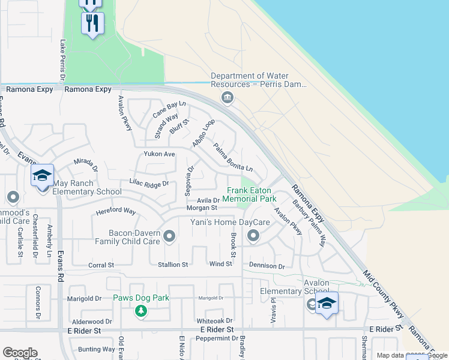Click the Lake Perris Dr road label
click(x=62, y=59)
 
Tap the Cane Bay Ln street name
click(x=169, y=109)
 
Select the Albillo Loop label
click(x=203, y=133)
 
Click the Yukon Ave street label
click(x=159, y=154)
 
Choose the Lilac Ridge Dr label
click(x=149, y=184)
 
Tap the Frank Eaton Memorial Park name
click(x=251, y=194)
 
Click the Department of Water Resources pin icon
click(x=227, y=97)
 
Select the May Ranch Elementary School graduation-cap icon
click(x=43, y=175)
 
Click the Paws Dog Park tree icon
click(x=140, y=310)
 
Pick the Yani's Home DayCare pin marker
click(x=253, y=236)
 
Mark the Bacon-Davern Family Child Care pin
click(x=169, y=236)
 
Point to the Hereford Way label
click(x=116, y=211)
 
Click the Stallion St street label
click(x=173, y=265)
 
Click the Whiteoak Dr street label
click(x=218, y=321)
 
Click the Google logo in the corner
click(x=20, y=353)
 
